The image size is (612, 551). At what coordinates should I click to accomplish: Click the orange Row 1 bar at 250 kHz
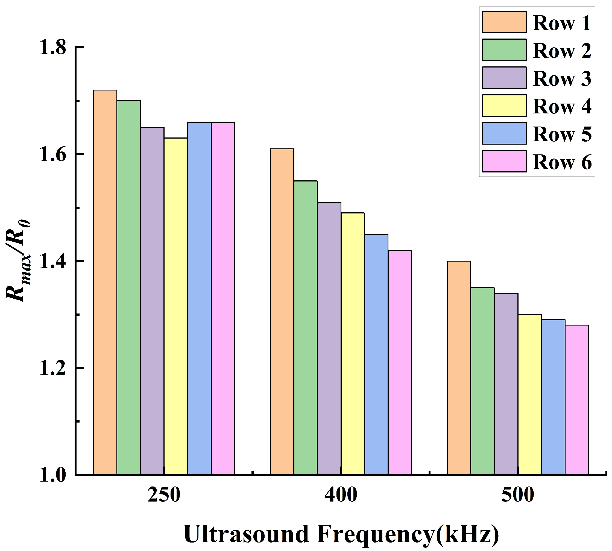click(x=105, y=282)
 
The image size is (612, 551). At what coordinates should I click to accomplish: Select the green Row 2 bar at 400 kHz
click(x=306, y=327)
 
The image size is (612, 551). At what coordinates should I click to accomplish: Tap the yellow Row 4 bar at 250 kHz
click(x=176, y=306)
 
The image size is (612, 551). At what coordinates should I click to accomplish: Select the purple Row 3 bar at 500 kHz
click(x=506, y=383)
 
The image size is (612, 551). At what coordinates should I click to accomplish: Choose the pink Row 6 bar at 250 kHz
click(x=223, y=298)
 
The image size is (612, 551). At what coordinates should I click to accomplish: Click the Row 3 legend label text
click(x=562, y=78)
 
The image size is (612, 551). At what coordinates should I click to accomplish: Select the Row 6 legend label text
click(x=562, y=162)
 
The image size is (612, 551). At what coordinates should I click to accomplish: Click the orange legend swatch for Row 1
click(x=504, y=22)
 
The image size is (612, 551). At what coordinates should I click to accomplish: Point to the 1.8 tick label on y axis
click(x=53, y=48)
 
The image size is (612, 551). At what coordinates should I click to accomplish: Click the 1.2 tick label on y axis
click(x=53, y=368)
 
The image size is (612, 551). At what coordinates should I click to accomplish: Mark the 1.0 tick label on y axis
click(x=53, y=475)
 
